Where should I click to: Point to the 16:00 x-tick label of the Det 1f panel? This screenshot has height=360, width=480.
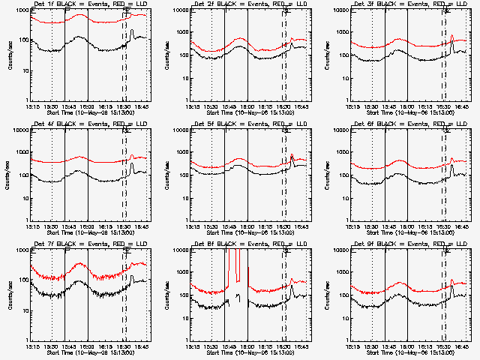tap(88, 106)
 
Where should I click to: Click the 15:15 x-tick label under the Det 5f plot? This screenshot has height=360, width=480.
tap(193, 226)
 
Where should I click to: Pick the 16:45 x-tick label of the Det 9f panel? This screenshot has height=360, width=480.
tap(461, 346)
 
